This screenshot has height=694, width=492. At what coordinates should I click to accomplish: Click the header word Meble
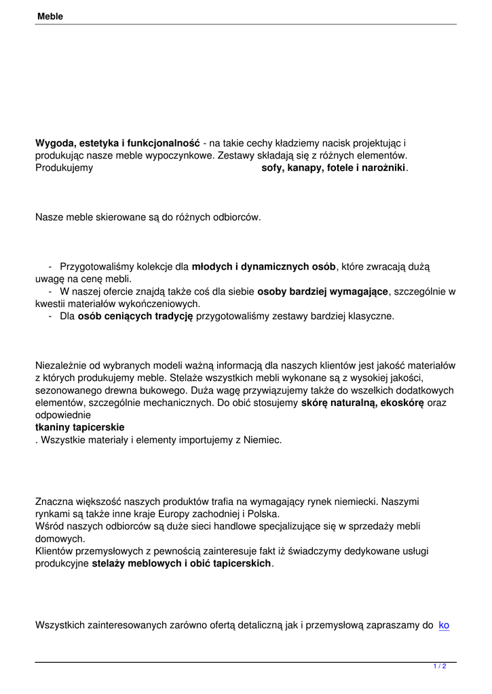pos(49,16)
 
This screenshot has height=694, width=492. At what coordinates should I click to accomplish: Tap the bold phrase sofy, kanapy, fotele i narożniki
pos(334,167)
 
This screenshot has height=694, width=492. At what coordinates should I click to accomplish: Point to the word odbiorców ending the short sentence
pos(236,218)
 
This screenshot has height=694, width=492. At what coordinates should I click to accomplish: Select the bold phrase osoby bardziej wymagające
pos(322,291)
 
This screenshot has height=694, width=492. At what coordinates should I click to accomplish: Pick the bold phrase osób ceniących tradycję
pos(135,316)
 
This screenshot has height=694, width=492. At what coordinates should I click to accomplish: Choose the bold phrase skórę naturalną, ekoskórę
pos(362,403)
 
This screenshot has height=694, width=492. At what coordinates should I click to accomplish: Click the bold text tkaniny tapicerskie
pos(79,428)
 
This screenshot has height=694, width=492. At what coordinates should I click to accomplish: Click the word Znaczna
pos(53,502)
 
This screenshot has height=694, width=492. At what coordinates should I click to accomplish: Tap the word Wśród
pos(48,526)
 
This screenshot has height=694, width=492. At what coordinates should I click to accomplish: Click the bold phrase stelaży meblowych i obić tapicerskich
pos(181,563)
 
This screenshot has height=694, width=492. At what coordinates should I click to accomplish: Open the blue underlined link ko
pos(444,625)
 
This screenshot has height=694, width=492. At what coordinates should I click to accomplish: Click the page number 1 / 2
pos(440,667)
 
